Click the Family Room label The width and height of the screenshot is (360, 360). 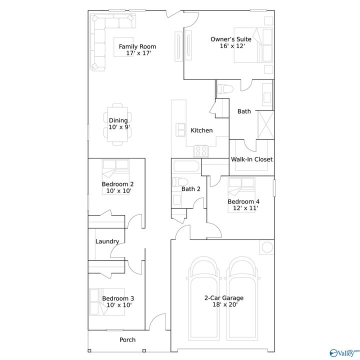(x=134, y=46)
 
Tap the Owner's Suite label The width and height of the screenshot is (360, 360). (x=227, y=39)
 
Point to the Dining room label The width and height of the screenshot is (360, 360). (x=118, y=120)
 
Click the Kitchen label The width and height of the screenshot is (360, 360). (x=201, y=130)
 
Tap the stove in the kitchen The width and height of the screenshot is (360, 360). (x=201, y=150)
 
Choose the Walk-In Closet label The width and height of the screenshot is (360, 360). (x=251, y=159)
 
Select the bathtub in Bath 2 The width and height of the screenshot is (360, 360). (x=185, y=166)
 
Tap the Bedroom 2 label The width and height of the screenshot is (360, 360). (x=117, y=184)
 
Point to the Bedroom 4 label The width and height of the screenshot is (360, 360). (x=243, y=201)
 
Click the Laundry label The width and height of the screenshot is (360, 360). (x=107, y=241)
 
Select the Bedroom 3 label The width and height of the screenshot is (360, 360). (x=117, y=299)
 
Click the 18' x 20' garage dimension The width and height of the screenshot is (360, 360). (x=223, y=304)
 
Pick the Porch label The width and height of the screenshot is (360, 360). (x=127, y=340)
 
